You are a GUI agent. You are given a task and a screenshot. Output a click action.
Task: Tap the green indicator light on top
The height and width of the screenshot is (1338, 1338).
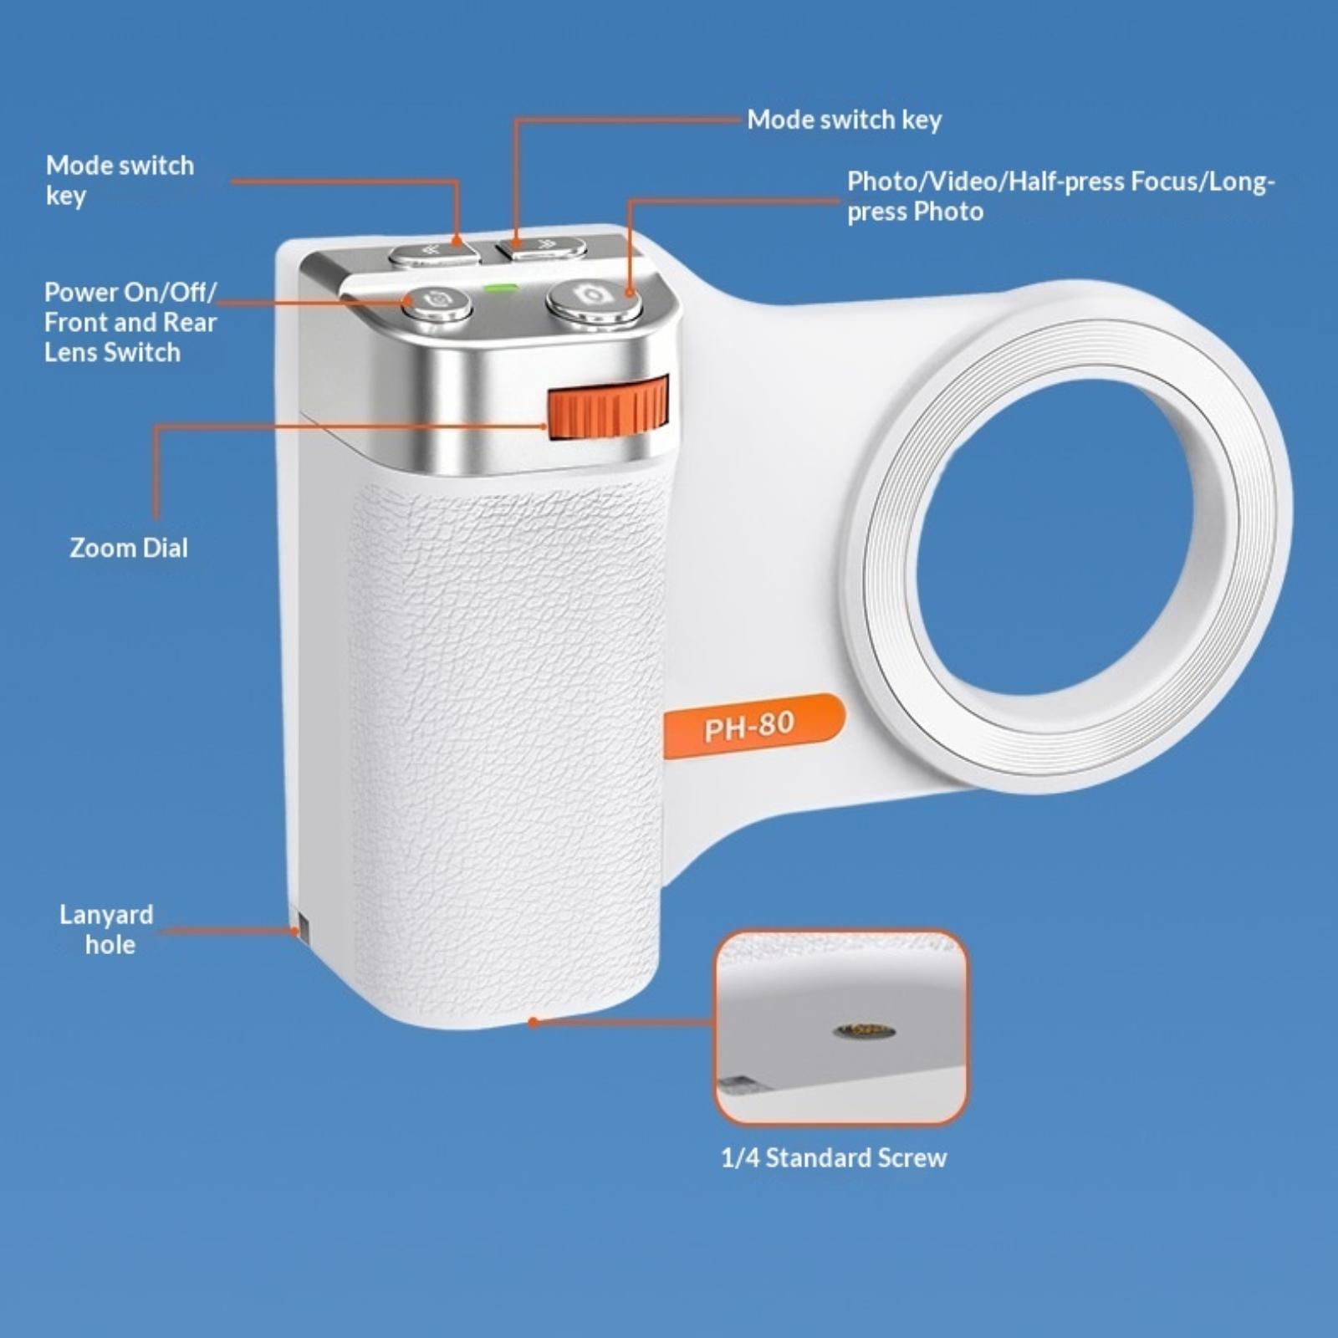coord(502,289)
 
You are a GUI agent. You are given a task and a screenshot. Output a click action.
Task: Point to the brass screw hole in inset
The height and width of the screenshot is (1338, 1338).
coord(865,1030)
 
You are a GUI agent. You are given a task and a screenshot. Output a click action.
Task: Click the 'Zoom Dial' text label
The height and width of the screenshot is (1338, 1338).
coord(129,548)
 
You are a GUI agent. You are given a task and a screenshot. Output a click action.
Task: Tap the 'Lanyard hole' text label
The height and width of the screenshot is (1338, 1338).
coord(106,929)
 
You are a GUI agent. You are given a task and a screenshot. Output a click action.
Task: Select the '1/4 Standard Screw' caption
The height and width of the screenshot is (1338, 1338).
coord(834,1158)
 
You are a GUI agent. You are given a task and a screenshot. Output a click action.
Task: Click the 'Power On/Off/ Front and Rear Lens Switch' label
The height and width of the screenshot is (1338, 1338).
coord(130,322)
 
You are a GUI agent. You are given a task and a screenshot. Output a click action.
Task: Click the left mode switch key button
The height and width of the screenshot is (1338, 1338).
coord(434,253)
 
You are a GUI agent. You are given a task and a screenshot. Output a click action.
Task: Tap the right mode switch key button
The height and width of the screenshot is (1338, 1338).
coord(541,248)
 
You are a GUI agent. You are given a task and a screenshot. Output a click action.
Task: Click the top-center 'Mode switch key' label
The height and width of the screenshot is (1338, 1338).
coord(845,120)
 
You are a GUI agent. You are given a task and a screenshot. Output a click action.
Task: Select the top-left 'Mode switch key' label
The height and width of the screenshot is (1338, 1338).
coord(120,180)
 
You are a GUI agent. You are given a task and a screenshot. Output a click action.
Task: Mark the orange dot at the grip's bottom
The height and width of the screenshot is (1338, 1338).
coord(533,1021)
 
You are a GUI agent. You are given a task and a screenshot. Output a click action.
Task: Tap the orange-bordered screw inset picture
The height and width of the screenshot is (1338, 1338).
coord(840,1027)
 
